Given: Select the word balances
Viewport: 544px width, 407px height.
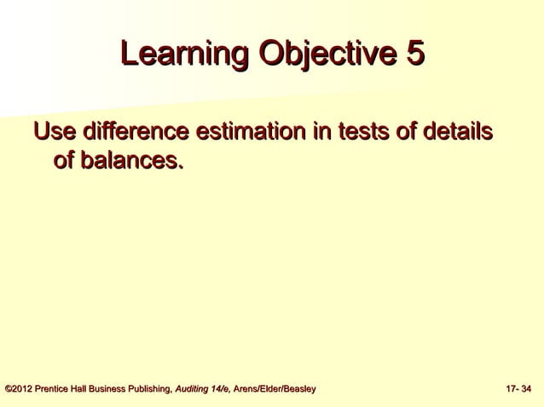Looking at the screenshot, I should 131,159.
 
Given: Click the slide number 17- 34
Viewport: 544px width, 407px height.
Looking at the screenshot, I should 518,390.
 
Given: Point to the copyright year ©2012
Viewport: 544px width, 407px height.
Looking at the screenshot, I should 20,390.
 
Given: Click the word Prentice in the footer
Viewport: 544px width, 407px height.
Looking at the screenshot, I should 56,390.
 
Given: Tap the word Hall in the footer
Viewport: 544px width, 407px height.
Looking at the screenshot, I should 88,390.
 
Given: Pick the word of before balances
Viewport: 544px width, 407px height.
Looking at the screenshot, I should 64,159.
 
